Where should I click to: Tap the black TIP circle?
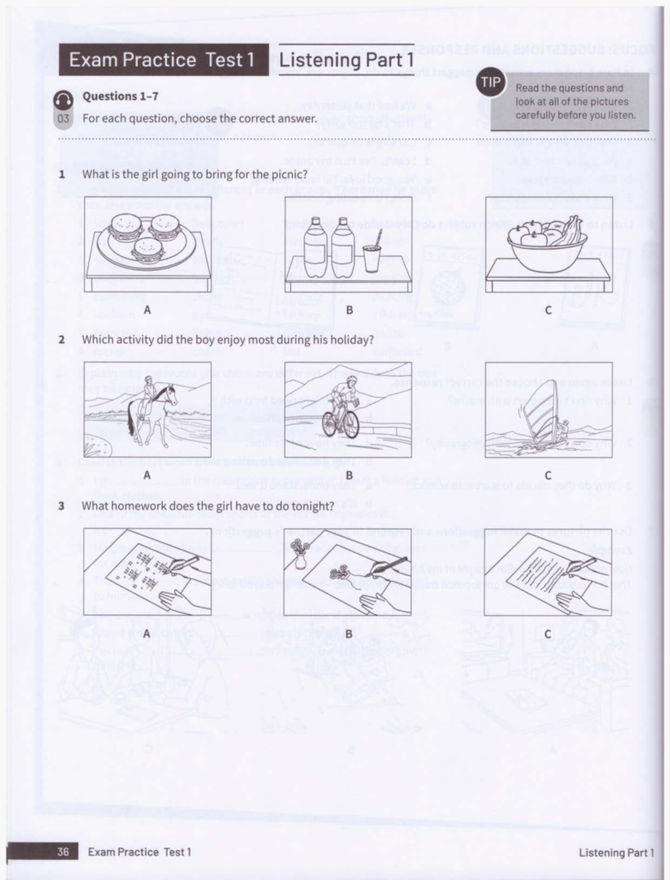coord(491,83)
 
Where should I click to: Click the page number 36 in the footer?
coord(63,852)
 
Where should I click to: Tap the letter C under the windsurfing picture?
coord(548,476)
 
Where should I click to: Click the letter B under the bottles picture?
coord(349,309)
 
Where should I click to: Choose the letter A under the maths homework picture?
coord(147,634)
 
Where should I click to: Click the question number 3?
coord(61,506)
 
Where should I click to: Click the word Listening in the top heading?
coord(320,60)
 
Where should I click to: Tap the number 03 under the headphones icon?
coord(63,118)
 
